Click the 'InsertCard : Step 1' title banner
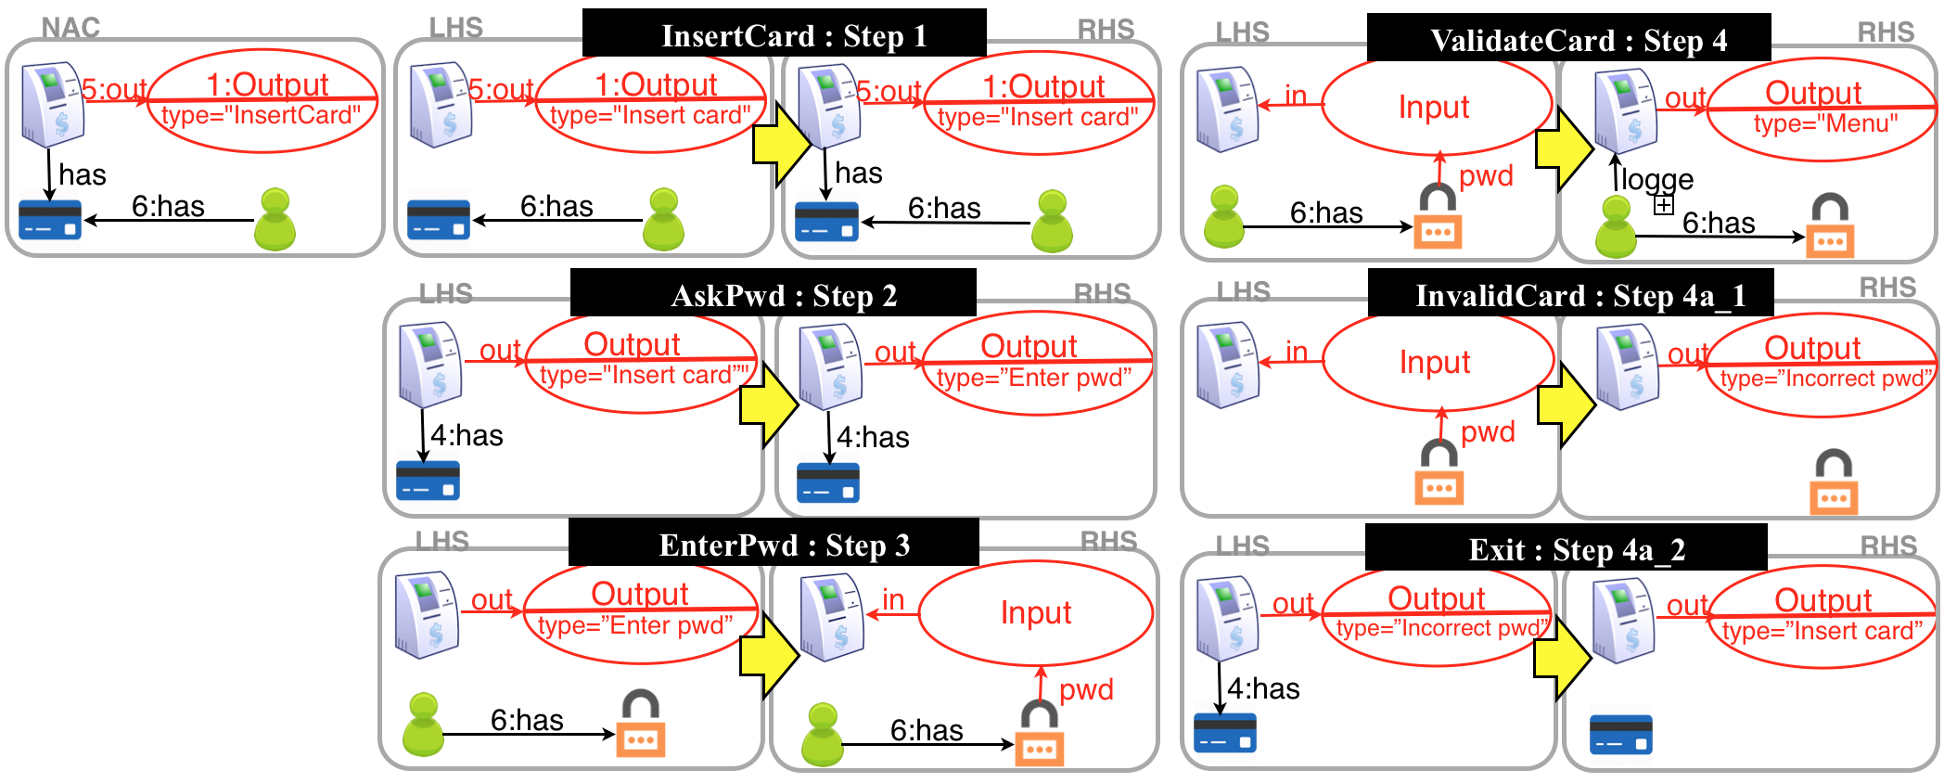[x=784, y=34]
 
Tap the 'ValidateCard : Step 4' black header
[x=1568, y=39]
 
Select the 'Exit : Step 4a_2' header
[x=1566, y=548]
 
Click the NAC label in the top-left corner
[x=70, y=28]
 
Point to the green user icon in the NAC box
[x=275, y=220]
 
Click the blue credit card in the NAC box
[x=50, y=221]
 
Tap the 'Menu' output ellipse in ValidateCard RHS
[x=1821, y=108]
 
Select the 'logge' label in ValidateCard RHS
[x=1656, y=178]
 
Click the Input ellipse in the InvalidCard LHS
[x=1437, y=362]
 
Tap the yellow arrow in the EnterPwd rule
[x=769, y=654]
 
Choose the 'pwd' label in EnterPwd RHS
[x=1085, y=689]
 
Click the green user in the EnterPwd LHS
[x=423, y=725]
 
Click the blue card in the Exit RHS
[x=1620, y=734]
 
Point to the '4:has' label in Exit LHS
[x=1263, y=688]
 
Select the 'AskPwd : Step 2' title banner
[x=774, y=294]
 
